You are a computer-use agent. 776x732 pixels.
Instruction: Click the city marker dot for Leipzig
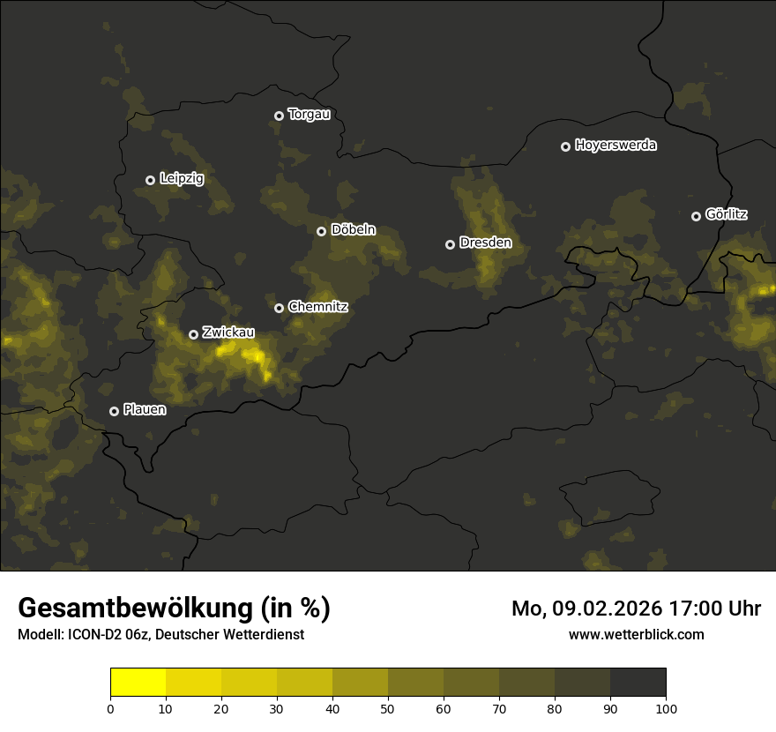pyautogui.click(x=150, y=180)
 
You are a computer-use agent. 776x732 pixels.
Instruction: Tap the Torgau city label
pyautogui.click(x=309, y=115)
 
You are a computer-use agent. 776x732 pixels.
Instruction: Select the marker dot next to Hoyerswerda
pyautogui.click(x=565, y=146)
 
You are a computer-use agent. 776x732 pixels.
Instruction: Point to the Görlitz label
pyautogui.click(x=727, y=214)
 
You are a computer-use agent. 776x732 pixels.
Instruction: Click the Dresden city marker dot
pyautogui.click(x=450, y=244)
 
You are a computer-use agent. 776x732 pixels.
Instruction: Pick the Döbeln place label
pyautogui.click(x=353, y=230)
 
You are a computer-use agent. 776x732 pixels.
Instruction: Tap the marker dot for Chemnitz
pyautogui.click(x=279, y=308)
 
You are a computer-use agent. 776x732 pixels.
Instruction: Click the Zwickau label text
pyautogui.click(x=228, y=332)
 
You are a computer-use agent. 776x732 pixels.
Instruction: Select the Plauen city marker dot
pyautogui.click(x=114, y=411)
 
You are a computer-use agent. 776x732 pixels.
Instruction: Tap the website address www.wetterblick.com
pyautogui.click(x=636, y=634)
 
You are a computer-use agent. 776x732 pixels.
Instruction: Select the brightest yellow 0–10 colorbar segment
pyautogui.click(x=138, y=683)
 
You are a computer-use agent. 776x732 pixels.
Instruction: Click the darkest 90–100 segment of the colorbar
pyautogui.click(x=638, y=683)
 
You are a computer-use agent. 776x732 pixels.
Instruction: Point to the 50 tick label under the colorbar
pyautogui.click(x=388, y=708)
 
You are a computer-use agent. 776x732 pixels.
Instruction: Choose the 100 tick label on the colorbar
pyautogui.click(x=666, y=708)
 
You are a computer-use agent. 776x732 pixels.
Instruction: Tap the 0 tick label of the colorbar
pyautogui.click(x=110, y=708)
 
